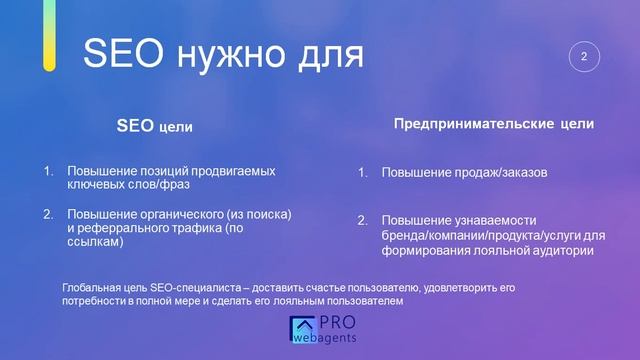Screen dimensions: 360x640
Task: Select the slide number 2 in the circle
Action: [x=583, y=57]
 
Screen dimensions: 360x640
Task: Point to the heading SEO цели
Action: [x=155, y=127]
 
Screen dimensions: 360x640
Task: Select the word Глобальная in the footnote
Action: [x=91, y=287]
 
